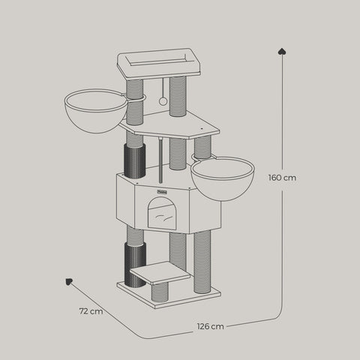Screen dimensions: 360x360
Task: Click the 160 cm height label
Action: point(282,178)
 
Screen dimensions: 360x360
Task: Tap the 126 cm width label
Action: point(211,326)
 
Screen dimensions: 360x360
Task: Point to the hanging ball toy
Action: point(163,100)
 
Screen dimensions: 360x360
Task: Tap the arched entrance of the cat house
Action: point(161,214)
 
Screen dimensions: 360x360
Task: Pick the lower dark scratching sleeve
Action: point(133,266)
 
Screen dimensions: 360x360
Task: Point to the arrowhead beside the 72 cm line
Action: point(68,283)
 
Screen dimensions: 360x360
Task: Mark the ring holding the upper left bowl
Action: point(135,97)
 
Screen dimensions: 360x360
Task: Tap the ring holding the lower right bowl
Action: point(201,157)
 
